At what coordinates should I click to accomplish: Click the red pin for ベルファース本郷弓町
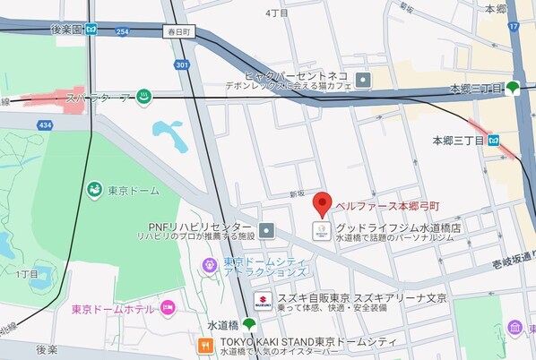pos(324,203)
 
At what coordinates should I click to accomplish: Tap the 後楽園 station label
pos(66,30)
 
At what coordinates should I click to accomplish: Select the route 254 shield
pos(122,31)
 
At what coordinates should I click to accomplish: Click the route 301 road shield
pos(183,64)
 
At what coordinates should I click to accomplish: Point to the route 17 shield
pos(514,26)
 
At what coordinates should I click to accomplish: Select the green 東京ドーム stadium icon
pos(94,190)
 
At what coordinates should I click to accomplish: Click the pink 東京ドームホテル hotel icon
pos(168,309)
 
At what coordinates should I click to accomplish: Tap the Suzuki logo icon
pos(263,301)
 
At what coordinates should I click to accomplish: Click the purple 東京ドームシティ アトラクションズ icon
pos(209,264)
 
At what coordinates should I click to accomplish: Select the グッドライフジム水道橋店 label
pos(398,227)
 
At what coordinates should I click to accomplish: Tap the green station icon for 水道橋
pos(248,324)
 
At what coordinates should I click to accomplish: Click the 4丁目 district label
pos(277,13)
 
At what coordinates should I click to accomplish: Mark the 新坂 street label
pos(298,193)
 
